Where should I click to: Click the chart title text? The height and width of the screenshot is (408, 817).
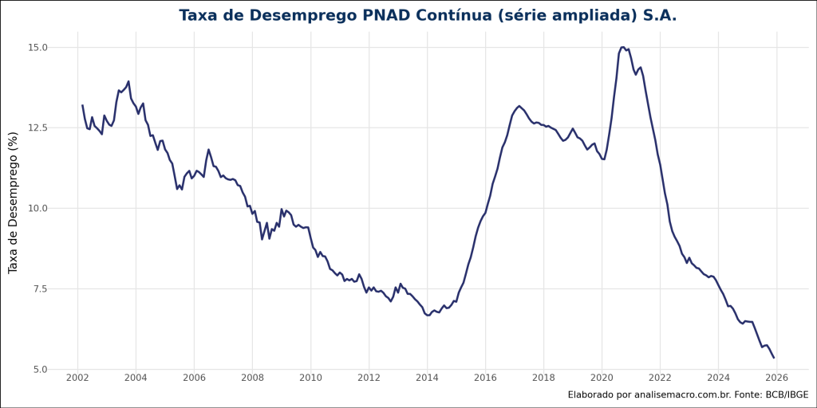click(428, 16)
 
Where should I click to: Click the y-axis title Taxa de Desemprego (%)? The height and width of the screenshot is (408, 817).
click(14, 202)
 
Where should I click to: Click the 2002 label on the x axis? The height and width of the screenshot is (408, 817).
click(77, 377)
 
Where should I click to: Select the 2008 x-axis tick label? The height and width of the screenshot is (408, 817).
click(252, 377)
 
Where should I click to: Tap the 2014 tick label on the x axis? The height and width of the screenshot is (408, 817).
click(427, 377)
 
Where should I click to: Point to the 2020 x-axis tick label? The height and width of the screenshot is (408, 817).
click(602, 377)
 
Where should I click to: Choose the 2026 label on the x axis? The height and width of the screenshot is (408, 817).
click(777, 377)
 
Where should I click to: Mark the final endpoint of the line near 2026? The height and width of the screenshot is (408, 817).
click(774, 357)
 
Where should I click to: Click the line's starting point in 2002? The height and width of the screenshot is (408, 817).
click(82, 105)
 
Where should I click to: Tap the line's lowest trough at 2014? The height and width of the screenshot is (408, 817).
click(428, 315)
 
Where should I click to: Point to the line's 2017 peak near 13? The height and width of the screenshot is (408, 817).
click(519, 105)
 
